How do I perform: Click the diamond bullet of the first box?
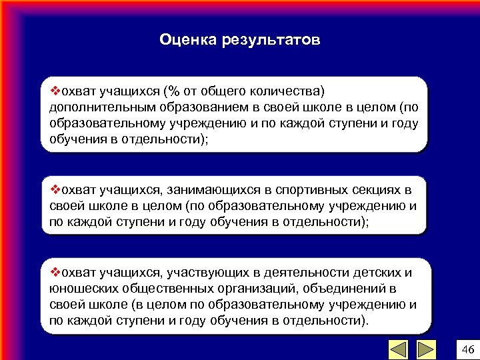tap(55, 91)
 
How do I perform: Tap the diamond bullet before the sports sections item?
tap(55, 190)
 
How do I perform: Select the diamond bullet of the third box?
tap(55, 273)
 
